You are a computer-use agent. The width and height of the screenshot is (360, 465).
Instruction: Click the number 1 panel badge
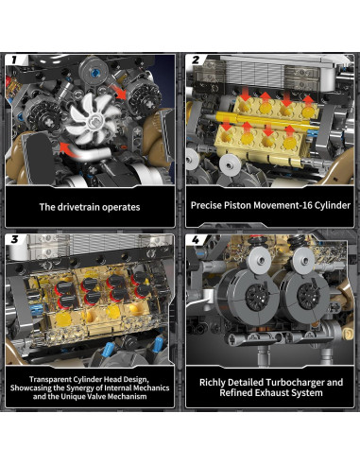14,60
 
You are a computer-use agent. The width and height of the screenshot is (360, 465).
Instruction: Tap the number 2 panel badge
196,60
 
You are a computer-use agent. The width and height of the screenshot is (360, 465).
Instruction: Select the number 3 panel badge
14,239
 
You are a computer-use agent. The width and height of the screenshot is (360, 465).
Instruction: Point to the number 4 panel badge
196,240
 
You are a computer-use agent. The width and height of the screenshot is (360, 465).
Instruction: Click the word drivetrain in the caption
78,207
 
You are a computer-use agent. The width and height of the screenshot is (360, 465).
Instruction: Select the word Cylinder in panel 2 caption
333,205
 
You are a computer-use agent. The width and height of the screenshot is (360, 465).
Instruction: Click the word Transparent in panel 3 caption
50,379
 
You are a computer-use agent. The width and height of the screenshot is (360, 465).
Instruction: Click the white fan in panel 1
94,118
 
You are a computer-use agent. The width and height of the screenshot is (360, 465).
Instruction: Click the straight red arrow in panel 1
117,91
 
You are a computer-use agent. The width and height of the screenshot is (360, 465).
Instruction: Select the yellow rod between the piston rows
266,120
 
